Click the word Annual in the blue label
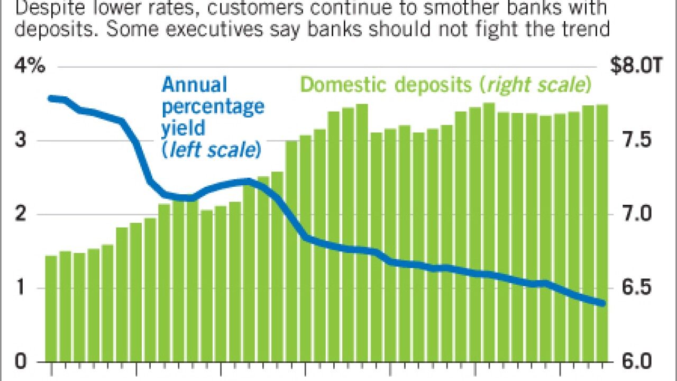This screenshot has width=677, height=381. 194,85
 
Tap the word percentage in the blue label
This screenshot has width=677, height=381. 213,107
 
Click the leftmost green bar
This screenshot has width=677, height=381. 51,307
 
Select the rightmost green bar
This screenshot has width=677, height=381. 602,233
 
